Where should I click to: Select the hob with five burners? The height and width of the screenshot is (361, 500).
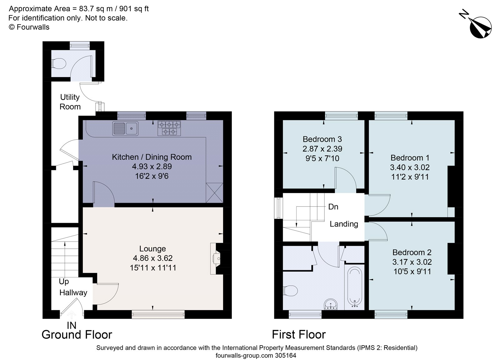point(169,128)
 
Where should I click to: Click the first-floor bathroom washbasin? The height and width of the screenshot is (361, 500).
point(331,304)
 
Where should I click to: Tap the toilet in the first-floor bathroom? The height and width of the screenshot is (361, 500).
point(290,291)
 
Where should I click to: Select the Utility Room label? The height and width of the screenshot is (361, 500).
point(70,102)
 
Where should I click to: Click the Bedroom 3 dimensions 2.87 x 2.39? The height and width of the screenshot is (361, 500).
point(322,149)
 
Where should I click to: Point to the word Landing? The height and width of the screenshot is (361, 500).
point(344,224)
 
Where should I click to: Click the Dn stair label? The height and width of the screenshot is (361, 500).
point(333,207)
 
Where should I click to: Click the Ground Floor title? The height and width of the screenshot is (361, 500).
point(77,334)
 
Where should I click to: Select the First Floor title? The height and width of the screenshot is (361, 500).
point(298,334)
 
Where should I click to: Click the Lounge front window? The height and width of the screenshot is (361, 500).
point(158,314)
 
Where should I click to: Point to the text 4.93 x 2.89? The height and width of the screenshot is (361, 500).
point(152,167)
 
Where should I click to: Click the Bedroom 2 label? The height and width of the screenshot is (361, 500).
point(412,252)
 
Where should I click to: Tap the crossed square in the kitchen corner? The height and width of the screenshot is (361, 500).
point(215,192)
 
